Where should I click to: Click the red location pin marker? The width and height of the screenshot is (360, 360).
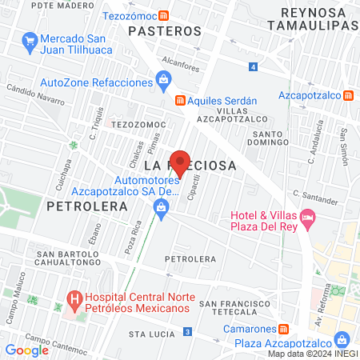click(x=181, y=162)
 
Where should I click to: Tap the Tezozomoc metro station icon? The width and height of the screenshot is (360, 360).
click(x=163, y=14)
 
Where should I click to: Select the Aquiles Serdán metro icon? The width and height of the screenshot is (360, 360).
click(x=181, y=100)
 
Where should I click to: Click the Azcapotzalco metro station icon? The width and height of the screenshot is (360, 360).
click(x=348, y=94)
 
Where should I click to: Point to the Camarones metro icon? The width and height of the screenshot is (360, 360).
click(x=282, y=329)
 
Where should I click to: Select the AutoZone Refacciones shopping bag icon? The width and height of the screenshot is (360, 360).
click(x=164, y=79)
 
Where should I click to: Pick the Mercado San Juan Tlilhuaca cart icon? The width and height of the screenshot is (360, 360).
click(x=30, y=39)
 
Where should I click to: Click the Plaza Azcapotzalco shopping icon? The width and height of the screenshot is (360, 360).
click(x=342, y=339)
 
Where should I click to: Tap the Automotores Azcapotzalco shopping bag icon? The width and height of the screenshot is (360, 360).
click(x=161, y=208)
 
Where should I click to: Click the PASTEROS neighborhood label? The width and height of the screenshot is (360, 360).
click(x=165, y=30)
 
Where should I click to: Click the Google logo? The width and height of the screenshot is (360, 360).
click(x=26, y=350)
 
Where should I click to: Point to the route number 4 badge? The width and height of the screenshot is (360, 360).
click(x=253, y=66)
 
